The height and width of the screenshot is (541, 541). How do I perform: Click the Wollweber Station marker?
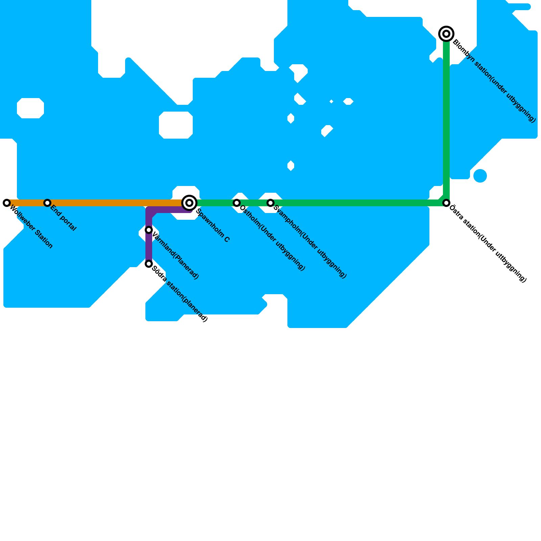tap(7, 203)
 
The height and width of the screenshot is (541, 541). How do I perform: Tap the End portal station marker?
tap(47, 203)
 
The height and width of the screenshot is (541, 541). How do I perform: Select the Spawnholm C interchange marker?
tap(189, 203)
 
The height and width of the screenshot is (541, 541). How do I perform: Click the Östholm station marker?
tap(237, 203)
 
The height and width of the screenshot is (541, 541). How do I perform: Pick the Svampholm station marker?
tap(270, 203)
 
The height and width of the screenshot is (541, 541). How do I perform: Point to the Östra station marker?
tap(446, 203)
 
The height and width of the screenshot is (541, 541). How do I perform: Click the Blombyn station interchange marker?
tap(446, 34)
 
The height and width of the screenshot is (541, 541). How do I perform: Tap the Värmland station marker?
tap(149, 230)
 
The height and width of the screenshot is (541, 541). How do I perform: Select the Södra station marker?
tap(149, 264)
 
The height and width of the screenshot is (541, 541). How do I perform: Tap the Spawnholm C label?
tap(213, 226)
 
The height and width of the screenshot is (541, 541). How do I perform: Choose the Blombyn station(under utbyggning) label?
tap(494, 81)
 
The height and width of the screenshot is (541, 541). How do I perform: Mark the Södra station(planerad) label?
tap(180, 294)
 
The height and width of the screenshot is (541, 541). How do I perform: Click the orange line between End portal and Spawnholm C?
tap(115, 203)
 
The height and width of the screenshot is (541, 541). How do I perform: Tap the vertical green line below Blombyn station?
tap(446, 118)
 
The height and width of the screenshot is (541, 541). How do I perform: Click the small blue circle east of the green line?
tap(480, 176)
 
